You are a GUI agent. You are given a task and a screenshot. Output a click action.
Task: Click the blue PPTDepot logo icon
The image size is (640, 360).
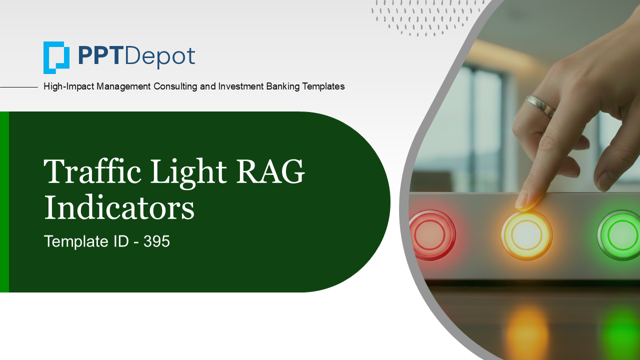click(56, 57)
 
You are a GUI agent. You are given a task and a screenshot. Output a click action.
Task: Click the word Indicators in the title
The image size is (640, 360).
click(119, 208)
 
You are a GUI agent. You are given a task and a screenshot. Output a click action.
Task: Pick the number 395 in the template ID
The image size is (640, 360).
click(157, 242)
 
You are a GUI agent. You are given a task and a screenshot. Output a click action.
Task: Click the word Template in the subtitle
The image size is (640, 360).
click(72, 242)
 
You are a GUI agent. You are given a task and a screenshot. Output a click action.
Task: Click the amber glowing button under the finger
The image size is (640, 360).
click(526, 234)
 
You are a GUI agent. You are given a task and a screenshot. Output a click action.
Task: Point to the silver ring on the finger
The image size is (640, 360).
click(540, 105)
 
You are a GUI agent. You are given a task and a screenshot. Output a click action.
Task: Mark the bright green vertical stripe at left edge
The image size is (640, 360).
click(4, 202)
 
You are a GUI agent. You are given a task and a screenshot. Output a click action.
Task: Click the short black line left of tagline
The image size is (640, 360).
click(19, 87)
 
